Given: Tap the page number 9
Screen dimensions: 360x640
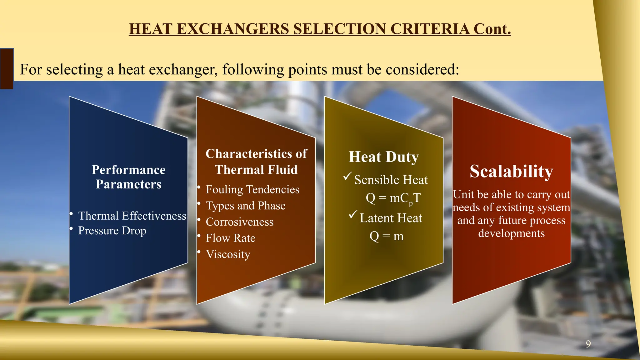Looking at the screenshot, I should pos(588,344).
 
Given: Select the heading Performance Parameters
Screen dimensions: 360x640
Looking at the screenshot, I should pos(128,177).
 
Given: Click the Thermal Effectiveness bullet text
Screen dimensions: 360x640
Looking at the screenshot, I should pos(132,216).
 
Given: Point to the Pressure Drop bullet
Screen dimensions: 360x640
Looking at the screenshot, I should pos(112,231).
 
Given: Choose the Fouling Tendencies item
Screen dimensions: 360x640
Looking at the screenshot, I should pos(252,189).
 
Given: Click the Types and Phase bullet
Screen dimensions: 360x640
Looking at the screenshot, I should pos(246,206).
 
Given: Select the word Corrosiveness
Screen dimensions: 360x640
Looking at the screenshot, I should pos(240,222).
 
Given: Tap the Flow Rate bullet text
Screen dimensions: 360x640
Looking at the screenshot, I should pos(231,238).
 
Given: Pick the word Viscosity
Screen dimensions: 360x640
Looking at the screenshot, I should pos(228,254).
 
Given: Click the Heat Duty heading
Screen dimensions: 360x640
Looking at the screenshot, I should pos(384,157).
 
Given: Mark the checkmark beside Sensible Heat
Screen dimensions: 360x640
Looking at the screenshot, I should pos(348,176).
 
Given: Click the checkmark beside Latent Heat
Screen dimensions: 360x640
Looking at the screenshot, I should pos(353,215).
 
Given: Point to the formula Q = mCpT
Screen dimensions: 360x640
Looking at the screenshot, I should pos(393,198).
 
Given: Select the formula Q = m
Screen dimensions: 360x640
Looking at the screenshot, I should pos(387,236).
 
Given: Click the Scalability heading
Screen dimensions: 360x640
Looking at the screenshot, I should pos(511,172).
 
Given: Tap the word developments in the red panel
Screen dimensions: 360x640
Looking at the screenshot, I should pos(511,233).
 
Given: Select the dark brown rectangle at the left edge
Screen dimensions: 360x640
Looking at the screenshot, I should pos(7,68).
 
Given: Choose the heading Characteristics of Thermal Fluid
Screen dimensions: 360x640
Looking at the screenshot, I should pos(256,162).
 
